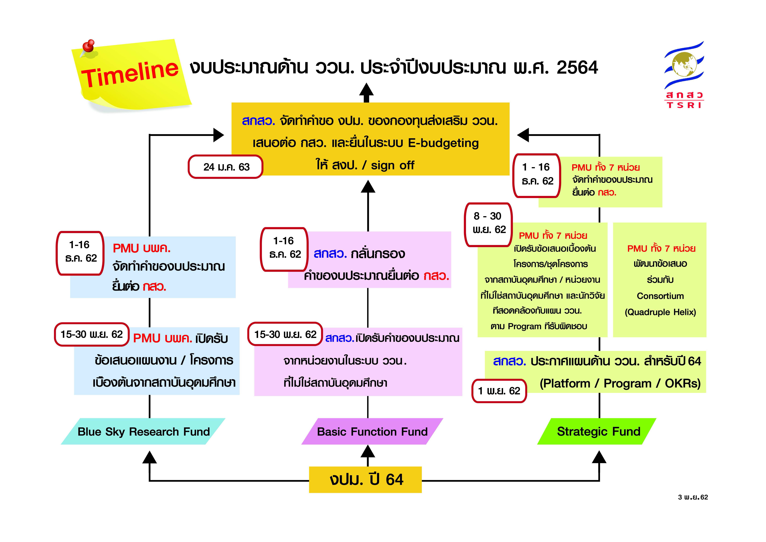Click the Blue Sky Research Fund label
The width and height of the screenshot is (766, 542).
tap(143, 432)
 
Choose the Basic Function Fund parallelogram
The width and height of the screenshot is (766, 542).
tap(372, 432)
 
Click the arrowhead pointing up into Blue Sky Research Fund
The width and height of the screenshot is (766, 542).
tap(149, 457)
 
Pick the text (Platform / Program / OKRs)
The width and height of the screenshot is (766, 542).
tap(620, 383)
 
